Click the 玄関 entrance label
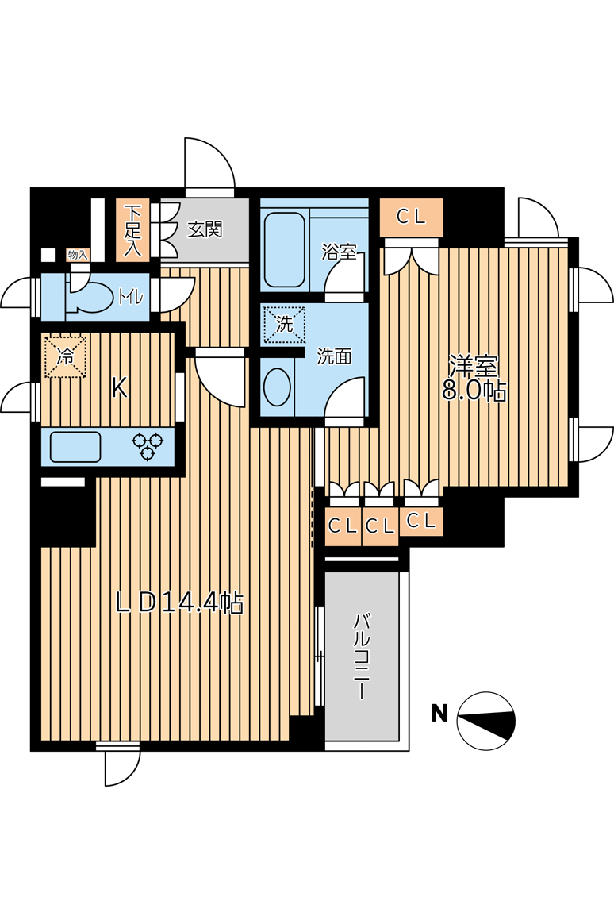(x=205, y=229)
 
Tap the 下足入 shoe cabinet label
(x=133, y=230)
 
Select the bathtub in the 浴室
(x=284, y=250)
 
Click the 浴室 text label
(x=339, y=252)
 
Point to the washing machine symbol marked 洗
(x=285, y=324)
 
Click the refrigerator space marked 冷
(x=65, y=356)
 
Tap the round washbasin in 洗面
(x=277, y=387)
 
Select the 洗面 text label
(x=334, y=356)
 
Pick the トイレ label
(x=131, y=297)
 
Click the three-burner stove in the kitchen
(x=148, y=446)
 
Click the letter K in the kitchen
(x=120, y=388)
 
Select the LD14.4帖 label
(x=179, y=603)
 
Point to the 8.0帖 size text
(x=474, y=390)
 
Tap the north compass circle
(x=486, y=721)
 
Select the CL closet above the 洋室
(x=411, y=218)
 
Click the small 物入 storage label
(x=77, y=255)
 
